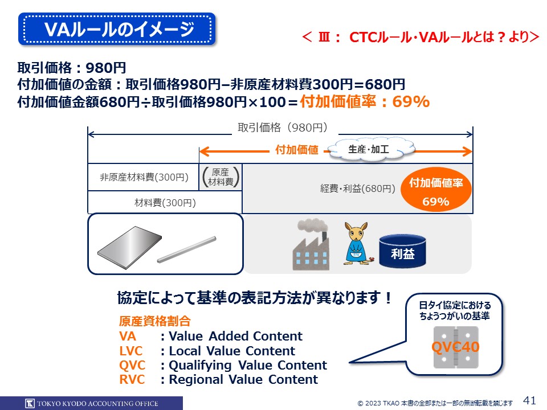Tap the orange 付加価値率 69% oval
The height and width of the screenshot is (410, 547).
(436, 191)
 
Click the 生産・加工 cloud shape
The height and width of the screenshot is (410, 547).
(370, 149)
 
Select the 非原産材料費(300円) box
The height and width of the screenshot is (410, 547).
(144, 177)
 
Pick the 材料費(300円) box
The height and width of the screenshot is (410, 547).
(165, 202)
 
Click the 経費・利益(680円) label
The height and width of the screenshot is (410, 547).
(358, 188)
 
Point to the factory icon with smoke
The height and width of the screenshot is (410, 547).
(311, 244)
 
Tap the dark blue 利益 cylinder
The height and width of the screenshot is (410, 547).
(403, 251)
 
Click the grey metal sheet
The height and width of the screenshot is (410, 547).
(129, 247)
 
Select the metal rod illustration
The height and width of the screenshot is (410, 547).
(187, 249)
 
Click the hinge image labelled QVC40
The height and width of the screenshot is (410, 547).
(456, 347)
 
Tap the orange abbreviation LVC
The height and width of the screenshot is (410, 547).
(131, 351)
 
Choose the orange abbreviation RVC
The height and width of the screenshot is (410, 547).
(132, 379)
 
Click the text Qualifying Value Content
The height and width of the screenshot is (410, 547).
(248, 366)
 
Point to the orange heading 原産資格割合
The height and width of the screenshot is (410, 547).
(154, 321)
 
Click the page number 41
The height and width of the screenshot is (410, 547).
(529, 400)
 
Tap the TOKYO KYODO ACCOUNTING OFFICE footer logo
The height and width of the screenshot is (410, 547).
(91, 403)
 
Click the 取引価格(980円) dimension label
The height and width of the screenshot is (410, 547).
(283, 128)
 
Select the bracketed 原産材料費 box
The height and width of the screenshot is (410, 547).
(221, 177)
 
